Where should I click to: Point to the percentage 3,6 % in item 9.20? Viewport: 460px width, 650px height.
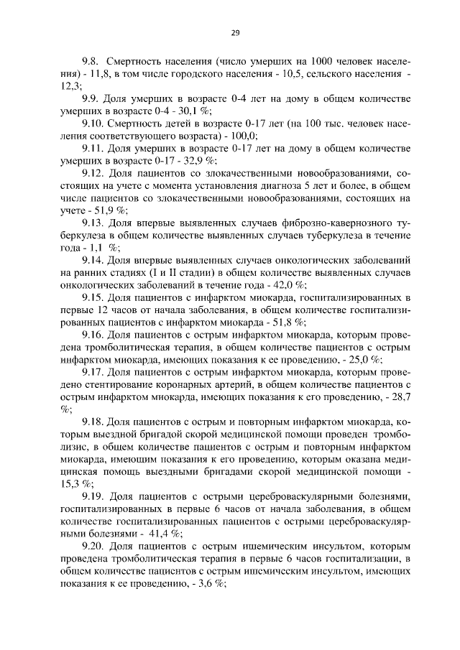(x=209, y=585)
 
